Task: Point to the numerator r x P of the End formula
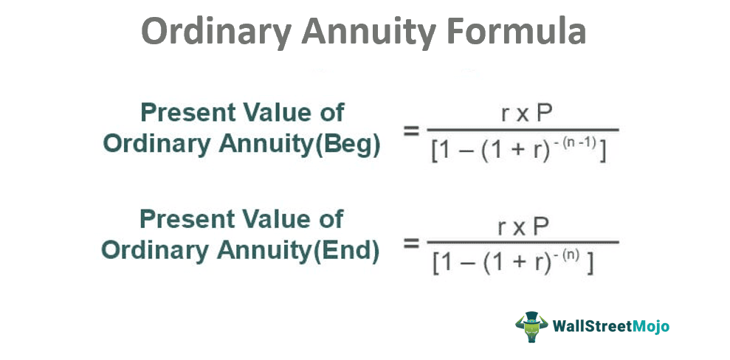click(x=523, y=227)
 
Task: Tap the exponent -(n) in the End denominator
click(x=568, y=257)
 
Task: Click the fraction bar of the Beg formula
click(x=523, y=131)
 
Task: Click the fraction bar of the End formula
click(x=523, y=242)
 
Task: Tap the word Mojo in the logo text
click(x=651, y=326)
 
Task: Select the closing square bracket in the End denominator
click(x=590, y=263)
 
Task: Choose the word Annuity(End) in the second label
click(x=299, y=252)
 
